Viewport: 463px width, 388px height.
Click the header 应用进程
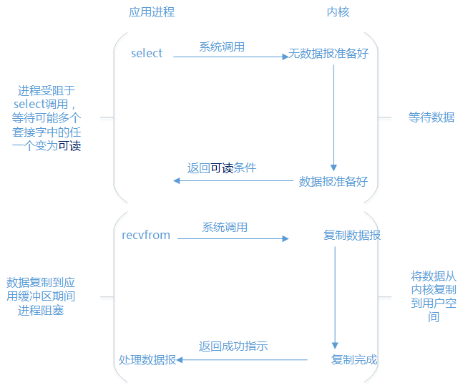tap(151, 12)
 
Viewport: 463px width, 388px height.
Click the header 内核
tap(338, 12)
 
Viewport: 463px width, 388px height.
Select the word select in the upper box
tap(147, 54)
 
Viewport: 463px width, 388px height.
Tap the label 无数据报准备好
tap(328, 54)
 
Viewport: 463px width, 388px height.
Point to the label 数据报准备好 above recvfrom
tap(333, 181)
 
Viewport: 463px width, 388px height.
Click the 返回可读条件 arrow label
tap(222, 168)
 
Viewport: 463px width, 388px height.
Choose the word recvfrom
tap(146, 235)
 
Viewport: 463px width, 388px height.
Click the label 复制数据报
tap(352, 235)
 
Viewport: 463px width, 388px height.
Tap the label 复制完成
tap(354, 359)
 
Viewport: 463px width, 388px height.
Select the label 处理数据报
tap(147, 359)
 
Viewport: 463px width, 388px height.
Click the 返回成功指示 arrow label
tap(233, 346)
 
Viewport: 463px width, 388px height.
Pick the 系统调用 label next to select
tap(222, 47)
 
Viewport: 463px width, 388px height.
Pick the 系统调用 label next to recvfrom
tap(225, 227)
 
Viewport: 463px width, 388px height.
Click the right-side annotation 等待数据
tap(431, 117)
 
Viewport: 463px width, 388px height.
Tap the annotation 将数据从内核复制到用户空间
tap(433, 296)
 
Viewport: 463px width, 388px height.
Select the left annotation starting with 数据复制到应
tap(40, 296)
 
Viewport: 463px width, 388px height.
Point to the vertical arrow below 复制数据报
tap(335, 297)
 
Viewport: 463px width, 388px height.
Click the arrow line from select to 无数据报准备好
tap(229, 57)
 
